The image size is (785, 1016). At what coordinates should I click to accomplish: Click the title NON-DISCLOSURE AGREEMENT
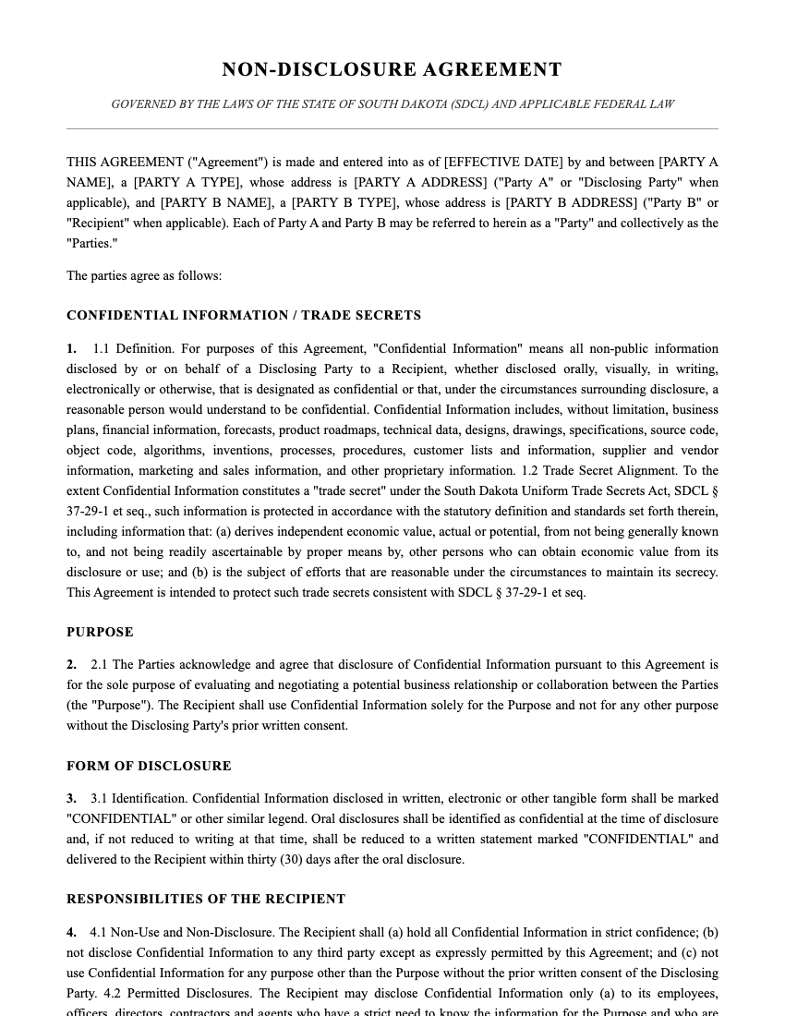[x=392, y=69]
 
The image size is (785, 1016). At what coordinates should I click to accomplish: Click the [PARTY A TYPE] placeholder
[x=188, y=182]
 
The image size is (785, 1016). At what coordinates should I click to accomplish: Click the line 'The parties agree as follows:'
[x=144, y=275]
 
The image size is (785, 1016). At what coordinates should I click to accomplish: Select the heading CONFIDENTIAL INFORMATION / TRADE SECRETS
[x=244, y=315]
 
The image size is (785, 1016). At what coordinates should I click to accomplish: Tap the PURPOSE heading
[x=100, y=632]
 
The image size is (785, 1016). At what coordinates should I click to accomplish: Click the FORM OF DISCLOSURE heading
[x=149, y=766]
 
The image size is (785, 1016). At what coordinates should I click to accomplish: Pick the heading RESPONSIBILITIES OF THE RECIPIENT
[x=206, y=899]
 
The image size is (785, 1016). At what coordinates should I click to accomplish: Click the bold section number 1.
[x=71, y=348]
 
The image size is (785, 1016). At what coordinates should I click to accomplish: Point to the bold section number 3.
[x=71, y=798]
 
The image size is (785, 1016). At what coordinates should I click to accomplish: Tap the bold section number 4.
[x=71, y=932]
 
